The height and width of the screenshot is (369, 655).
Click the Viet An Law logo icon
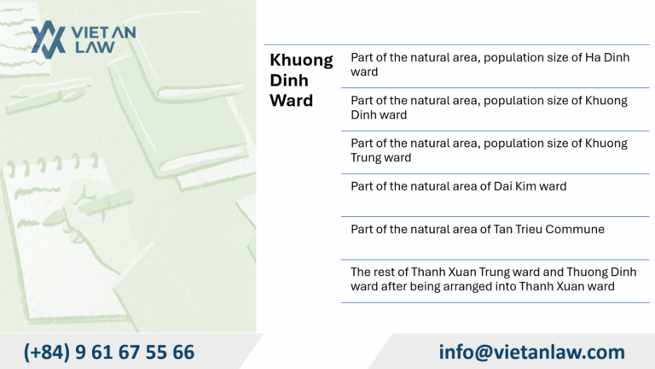(49, 39)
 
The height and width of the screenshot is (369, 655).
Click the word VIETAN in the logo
(104, 32)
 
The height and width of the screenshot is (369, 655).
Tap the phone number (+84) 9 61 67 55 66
(109, 352)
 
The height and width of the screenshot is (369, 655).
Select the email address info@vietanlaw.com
(531, 352)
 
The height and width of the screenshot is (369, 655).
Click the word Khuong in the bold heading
(301, 60)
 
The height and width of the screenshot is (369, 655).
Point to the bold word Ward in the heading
(291, 101)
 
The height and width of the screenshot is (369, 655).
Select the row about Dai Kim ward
(458, 186)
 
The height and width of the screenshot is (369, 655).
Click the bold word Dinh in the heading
(288, 80)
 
